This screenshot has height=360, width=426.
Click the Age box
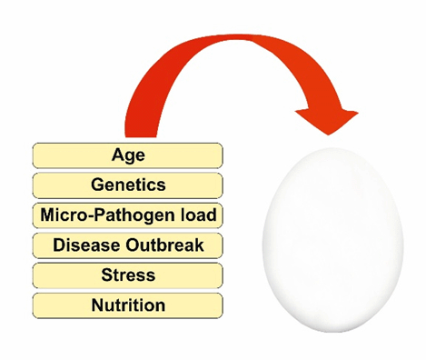128,155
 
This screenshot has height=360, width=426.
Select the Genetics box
128,185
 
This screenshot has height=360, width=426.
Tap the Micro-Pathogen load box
128,215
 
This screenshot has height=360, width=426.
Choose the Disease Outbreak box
128,245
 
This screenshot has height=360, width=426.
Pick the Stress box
128,275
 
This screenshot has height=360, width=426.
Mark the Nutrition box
128,305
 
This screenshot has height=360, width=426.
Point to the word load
200,215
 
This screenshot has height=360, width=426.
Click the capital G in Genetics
97,185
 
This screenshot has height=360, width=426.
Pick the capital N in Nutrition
96,305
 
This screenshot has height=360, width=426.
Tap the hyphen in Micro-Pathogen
87,215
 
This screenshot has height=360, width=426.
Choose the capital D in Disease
58,245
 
